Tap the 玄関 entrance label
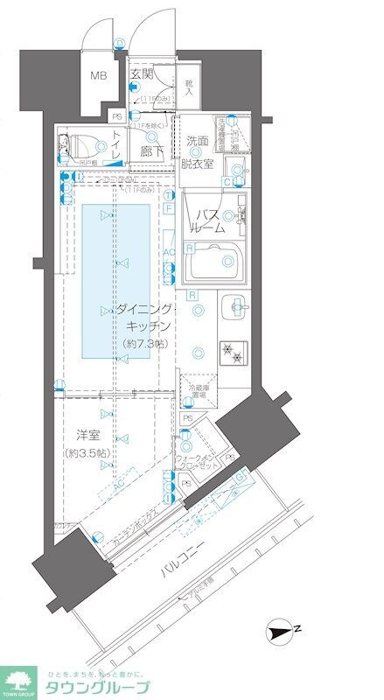142,75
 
